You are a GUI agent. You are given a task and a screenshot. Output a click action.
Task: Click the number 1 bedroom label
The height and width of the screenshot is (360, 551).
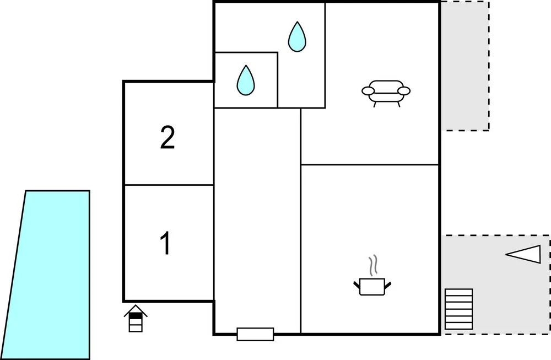[165, 243]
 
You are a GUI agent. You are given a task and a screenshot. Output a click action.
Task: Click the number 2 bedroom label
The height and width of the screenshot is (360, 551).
[168, 137]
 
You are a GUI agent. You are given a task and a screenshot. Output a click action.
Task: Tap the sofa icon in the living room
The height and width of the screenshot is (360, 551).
[386, 93]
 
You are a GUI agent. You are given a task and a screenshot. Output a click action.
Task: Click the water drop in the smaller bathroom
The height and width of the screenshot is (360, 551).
[246, 80]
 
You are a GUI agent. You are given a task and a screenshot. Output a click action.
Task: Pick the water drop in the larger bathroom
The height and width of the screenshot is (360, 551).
[297, 37]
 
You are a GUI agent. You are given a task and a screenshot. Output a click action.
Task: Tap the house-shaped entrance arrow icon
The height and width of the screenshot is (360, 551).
[136, 318]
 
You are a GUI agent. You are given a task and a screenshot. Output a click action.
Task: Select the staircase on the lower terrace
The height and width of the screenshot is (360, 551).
[458, 309]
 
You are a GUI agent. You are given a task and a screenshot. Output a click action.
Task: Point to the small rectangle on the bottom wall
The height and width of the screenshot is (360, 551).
[256, 334]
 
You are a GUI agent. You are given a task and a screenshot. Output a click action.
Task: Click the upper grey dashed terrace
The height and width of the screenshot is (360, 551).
[465, 66]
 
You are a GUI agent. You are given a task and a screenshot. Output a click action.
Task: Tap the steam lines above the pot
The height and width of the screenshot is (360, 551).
[373, 265]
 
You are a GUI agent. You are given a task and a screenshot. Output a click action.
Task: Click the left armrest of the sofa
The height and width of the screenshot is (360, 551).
[368, 91]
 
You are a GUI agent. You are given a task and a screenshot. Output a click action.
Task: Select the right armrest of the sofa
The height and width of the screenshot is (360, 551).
[404, 91]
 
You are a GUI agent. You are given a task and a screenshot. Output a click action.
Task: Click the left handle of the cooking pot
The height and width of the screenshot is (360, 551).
[356, 285]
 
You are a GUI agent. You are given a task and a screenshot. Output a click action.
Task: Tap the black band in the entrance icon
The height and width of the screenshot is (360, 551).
[136, 316]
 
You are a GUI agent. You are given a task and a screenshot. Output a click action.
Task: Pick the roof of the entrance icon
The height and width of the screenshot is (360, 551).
[136, 309]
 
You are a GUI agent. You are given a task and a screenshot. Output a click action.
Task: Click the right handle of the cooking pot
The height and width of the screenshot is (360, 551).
[388, 285]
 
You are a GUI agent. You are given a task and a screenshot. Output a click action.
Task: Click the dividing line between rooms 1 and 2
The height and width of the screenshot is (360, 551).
[169, 185]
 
